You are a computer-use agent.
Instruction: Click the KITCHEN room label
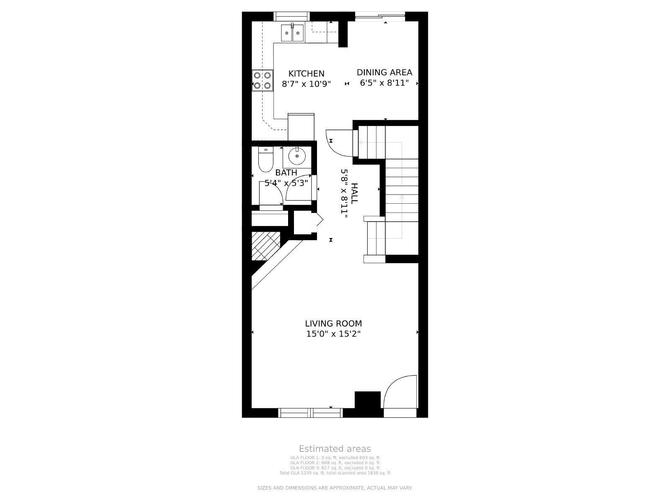click(306, 74)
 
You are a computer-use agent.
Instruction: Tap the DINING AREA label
click(384, 72)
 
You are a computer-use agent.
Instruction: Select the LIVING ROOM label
click(333, 323)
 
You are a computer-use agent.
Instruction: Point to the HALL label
click(354, 193)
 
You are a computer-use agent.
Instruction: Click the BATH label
click(286, 172)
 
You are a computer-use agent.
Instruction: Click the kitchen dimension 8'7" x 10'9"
click(306, 84)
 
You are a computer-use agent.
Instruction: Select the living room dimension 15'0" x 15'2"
click(333, 334)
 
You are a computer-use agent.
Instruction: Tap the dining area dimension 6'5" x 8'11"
click(384, 83)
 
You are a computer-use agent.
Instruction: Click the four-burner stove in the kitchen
click(262, 81)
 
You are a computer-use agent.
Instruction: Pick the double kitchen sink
click(292, 32)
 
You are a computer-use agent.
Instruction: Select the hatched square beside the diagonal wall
click(265, 246)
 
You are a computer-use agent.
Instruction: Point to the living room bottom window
click(310, 413)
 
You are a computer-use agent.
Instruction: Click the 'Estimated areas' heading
click(335, 449)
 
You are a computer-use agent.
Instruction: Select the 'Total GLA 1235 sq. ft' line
click(335, 473)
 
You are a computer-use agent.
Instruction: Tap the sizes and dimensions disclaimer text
click(335, 488)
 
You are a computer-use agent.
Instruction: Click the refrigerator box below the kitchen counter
click(301, 127)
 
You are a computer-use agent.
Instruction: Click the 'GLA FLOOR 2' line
click(335, 463)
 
